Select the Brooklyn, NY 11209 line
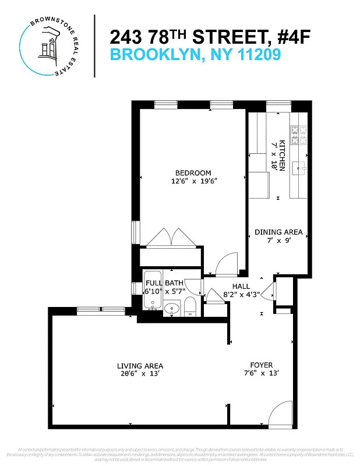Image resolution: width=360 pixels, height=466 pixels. tap(196, 55)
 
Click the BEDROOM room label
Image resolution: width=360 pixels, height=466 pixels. tap(193, 172)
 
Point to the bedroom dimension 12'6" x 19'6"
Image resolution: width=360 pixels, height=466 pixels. tap(193, 181)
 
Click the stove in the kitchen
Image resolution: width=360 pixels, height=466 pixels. tap(299, 136)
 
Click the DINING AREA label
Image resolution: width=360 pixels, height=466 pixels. tap(278, 232)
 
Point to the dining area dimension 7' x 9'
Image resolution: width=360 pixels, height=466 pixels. tap(278, 240)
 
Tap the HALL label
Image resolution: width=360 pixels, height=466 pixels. tap(241, 287)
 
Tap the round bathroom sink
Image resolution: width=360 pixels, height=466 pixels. tap(171, 308)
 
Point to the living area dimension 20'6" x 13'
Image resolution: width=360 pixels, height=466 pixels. tap(138, 375)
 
